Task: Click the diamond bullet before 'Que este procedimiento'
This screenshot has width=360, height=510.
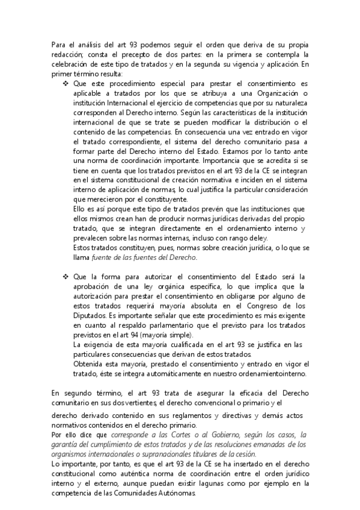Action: tap(66, 84)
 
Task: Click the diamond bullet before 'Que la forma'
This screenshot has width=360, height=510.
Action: tap(66, 277)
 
